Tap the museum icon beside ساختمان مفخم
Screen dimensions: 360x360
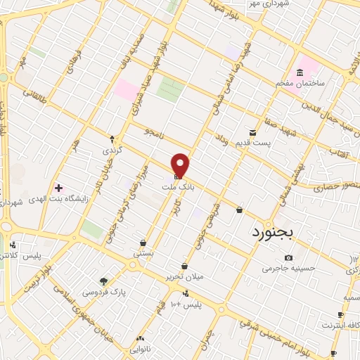tap(301, 73)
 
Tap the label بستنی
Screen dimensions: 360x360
tap(143, 252)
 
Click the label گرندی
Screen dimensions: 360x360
tap(112, 150)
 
